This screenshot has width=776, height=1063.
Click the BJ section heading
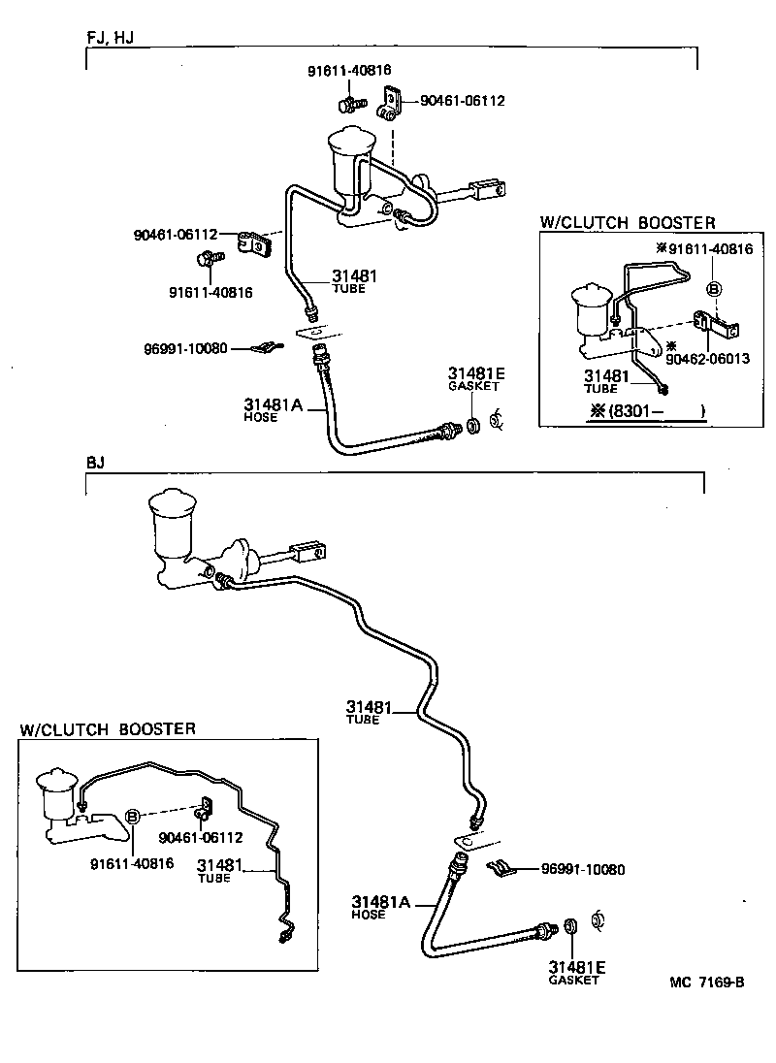coord(95,463)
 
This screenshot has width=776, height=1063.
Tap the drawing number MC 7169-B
coord(706,982)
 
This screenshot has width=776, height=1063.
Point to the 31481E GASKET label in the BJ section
coord(576,972)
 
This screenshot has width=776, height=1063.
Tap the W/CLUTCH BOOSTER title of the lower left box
coord(107,728)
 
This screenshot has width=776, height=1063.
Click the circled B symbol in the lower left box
coord(134,817)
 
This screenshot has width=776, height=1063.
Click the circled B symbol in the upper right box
coord(713,288)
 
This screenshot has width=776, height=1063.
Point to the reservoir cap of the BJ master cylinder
coord(172,505)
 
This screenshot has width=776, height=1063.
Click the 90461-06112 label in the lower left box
coord(200,838)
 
